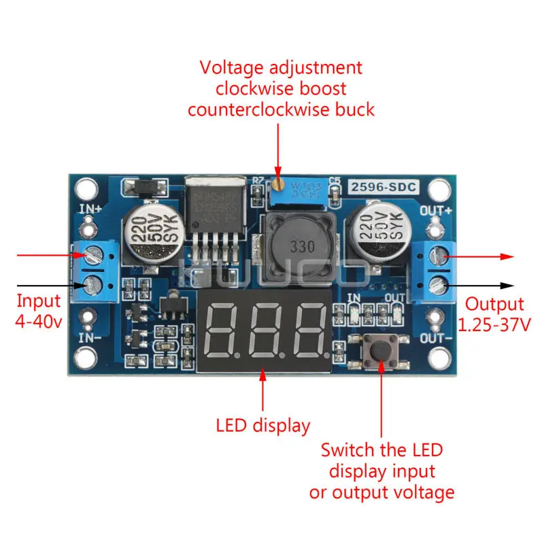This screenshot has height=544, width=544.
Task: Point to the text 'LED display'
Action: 263,426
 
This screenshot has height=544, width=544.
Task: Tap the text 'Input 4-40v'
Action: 38,310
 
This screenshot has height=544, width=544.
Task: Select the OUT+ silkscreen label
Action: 436,210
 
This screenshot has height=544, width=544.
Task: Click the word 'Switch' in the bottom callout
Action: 347,449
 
